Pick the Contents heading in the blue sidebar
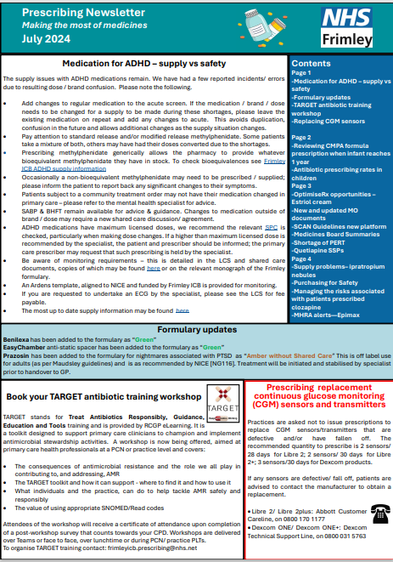point(314,64)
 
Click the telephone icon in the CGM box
point(370,509)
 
